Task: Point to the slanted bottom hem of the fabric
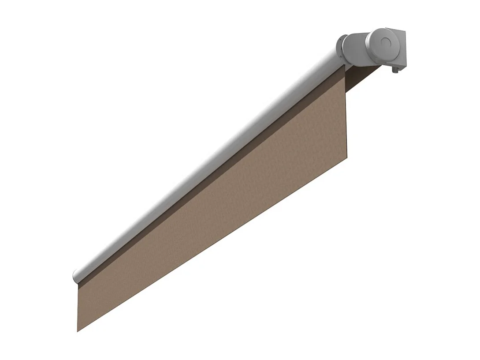pyautogui.click(x=212, y=244)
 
